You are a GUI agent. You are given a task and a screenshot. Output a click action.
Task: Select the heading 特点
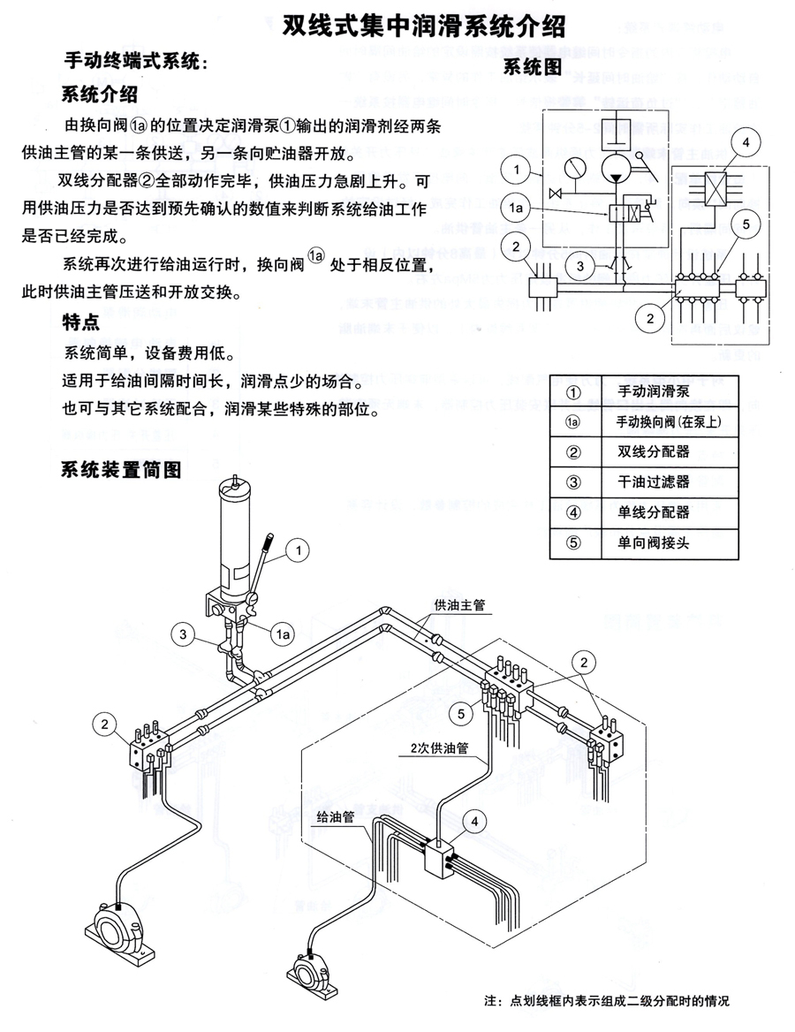pyautogui.click(x=80, y=323)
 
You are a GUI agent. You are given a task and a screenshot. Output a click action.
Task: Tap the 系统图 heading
pyautogui.click(x=532, y=67)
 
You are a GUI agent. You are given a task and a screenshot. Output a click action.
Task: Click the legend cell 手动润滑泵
pyautogui.click(x=653, y=391)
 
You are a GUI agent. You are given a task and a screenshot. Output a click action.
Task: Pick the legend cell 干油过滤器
pyautogui.click(x=653, y=482)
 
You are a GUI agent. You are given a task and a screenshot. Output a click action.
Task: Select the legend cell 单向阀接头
pyautogui.click(x=653, y=543)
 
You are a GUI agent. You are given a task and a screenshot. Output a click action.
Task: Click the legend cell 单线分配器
pyautogui.click(x=653, y=512)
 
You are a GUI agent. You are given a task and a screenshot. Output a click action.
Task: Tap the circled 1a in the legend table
pyautogui.click(x=572, y=421)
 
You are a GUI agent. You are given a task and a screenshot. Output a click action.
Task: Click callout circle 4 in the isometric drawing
pyautogui.click(x=475, y=821)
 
